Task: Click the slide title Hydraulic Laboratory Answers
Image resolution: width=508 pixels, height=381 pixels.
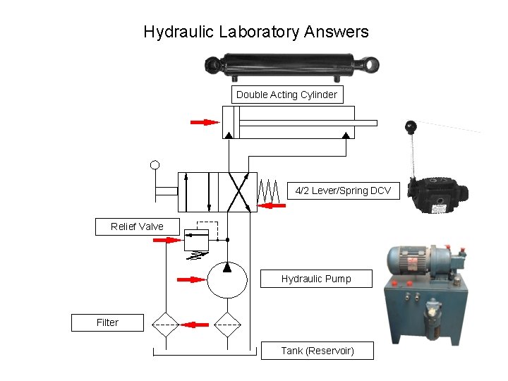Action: (x=255, y=32)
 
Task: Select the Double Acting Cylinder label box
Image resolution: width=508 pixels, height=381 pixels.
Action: (x=286, y=95)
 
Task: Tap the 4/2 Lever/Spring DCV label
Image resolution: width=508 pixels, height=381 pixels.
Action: (x=343, y=190)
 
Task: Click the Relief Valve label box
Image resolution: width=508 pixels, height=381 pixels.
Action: (x=137, y=226)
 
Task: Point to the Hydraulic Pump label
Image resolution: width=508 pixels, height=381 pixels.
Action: (x=316, y=279)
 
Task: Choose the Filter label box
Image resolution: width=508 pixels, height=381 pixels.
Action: (x=107, y=322)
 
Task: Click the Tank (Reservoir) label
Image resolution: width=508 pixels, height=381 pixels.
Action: (x=317, y=351)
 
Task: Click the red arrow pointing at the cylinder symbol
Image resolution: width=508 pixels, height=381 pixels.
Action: (x=205, y=122)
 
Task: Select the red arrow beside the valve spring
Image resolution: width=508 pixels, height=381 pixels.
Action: (x=272, y=205)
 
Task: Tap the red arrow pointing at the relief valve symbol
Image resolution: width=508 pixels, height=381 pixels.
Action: (x=167, y=240)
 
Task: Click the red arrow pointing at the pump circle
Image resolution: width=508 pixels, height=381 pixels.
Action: (x=190, y=279)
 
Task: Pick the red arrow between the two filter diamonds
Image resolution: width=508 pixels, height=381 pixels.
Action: (x=195, y=325)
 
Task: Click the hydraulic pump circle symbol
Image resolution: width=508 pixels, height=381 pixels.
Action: (x=227, y=280)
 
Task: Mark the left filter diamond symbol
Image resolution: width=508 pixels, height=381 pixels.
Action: (x=167, y=324)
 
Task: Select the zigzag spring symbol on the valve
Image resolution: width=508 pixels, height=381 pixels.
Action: (x=268, y=190)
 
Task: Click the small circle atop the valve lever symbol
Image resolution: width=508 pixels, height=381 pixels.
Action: (x=155, y=166)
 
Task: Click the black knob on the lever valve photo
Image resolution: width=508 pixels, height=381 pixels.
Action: (x=411, y=128)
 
